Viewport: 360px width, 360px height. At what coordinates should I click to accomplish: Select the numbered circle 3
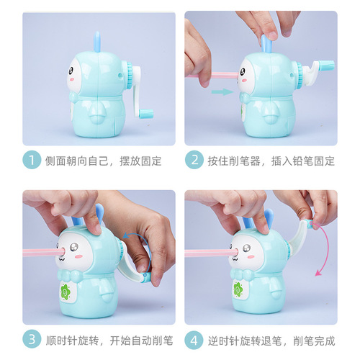click(x=30, y=338)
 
